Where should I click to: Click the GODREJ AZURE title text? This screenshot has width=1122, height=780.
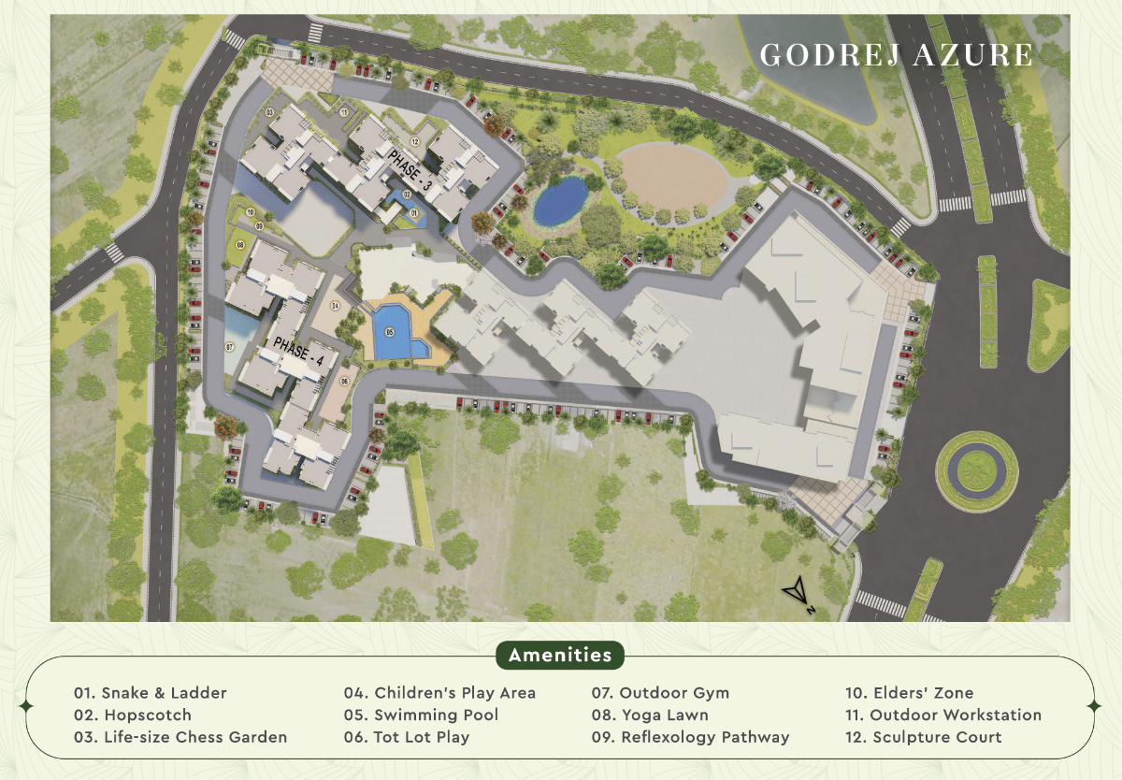(x=897, y=54)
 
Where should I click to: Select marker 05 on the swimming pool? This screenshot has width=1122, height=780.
(x=390, y=331)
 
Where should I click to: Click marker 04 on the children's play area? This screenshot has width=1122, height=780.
(x=335, y=306)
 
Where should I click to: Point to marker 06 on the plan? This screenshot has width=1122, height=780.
(x=344, y=381)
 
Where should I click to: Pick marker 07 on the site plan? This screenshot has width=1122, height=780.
(x=229, y=347)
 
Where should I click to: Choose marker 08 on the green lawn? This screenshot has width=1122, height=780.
(x=240, y=244)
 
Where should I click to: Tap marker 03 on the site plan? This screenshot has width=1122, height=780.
(x=269, y=112)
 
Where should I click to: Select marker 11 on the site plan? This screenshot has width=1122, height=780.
(x=343, y=112)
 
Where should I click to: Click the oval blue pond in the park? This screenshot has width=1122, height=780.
(x=560, y=199)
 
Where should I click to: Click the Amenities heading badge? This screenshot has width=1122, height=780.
(x=560, y=655)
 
